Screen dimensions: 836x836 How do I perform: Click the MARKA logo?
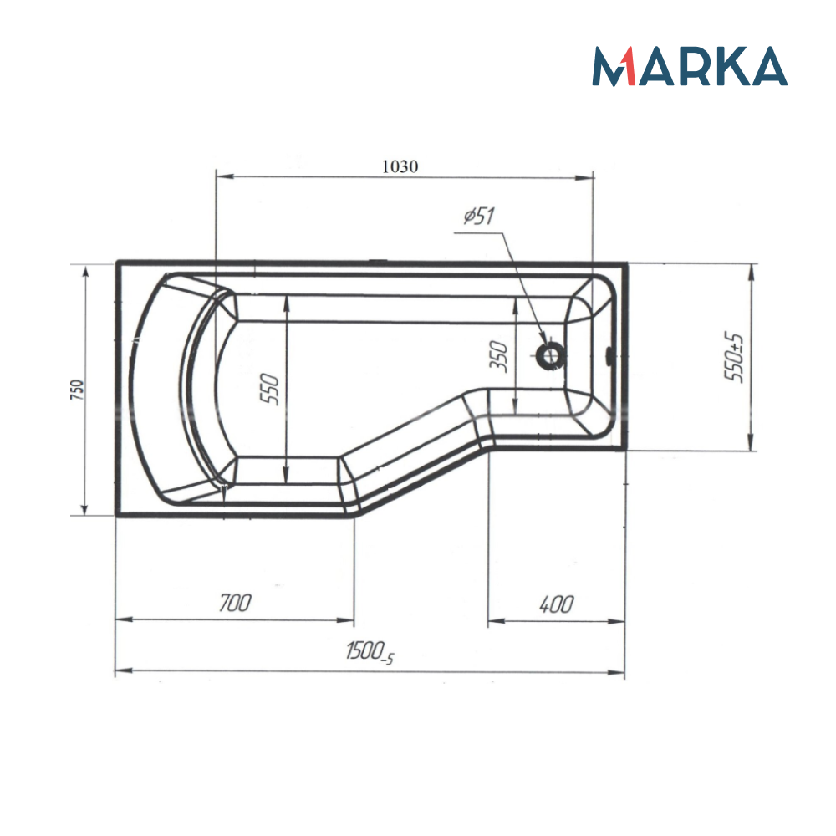690,67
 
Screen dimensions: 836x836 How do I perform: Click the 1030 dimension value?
400,166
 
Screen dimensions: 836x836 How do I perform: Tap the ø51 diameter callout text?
479,217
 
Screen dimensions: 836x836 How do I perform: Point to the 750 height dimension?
76,390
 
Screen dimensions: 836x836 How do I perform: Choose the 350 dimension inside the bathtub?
500,357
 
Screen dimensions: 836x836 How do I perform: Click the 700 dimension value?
234,604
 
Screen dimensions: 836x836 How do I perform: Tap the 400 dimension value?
556,604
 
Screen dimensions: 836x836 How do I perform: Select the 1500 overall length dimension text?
369,652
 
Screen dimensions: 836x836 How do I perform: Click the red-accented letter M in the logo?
614,67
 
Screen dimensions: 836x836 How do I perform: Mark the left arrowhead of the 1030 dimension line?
222,176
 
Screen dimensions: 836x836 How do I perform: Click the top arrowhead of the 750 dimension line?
84,270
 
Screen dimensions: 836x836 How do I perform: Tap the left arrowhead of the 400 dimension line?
494,621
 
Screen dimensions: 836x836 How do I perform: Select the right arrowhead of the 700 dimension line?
349,620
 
